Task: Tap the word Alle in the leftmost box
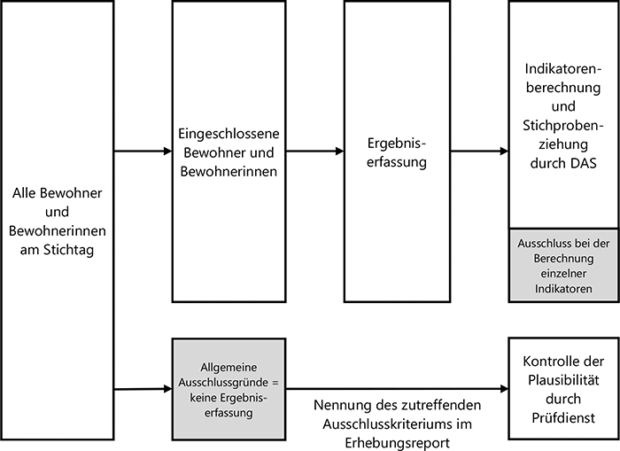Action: click(27, 192)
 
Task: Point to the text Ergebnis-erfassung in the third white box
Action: click(397, 152)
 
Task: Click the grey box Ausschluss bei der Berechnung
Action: click(563, 264)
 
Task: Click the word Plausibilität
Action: click(563, 380)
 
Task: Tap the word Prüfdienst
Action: click(563, 416)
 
